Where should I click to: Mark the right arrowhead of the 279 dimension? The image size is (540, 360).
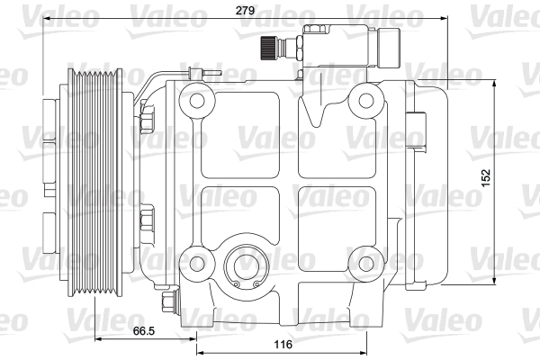(x=445, y=18)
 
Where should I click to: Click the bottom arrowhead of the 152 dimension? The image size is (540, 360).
(x=494, y=283)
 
